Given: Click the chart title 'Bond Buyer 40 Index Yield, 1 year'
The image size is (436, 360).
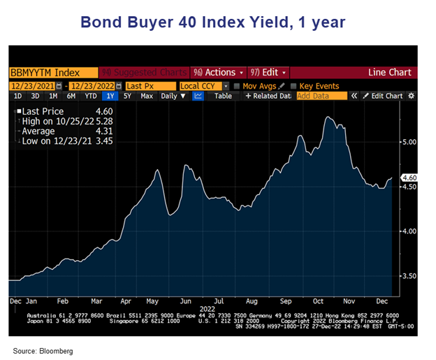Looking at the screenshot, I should click(x=213, y=22).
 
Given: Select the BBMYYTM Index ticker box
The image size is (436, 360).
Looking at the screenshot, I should click(x=43, y=73).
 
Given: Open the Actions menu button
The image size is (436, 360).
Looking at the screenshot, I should click(x=219, y=73).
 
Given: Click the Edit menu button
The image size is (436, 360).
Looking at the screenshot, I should click(x=268, y=73).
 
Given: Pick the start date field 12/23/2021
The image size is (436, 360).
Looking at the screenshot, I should click(x=32, y=86).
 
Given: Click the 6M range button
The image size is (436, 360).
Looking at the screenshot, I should click(x=71, y=96).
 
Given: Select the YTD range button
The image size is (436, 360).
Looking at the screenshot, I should click(x=90, y=96).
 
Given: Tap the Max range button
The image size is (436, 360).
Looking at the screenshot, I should click(x=146, y=96).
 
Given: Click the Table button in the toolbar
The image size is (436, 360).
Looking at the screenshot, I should click(x=223, y=96).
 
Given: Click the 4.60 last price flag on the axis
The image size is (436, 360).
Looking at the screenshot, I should click(x=409, y=178).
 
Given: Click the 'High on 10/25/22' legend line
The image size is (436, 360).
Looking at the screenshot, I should click(x=52, y=121).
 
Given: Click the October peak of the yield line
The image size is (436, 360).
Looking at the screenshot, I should click(x=327, y=117).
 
